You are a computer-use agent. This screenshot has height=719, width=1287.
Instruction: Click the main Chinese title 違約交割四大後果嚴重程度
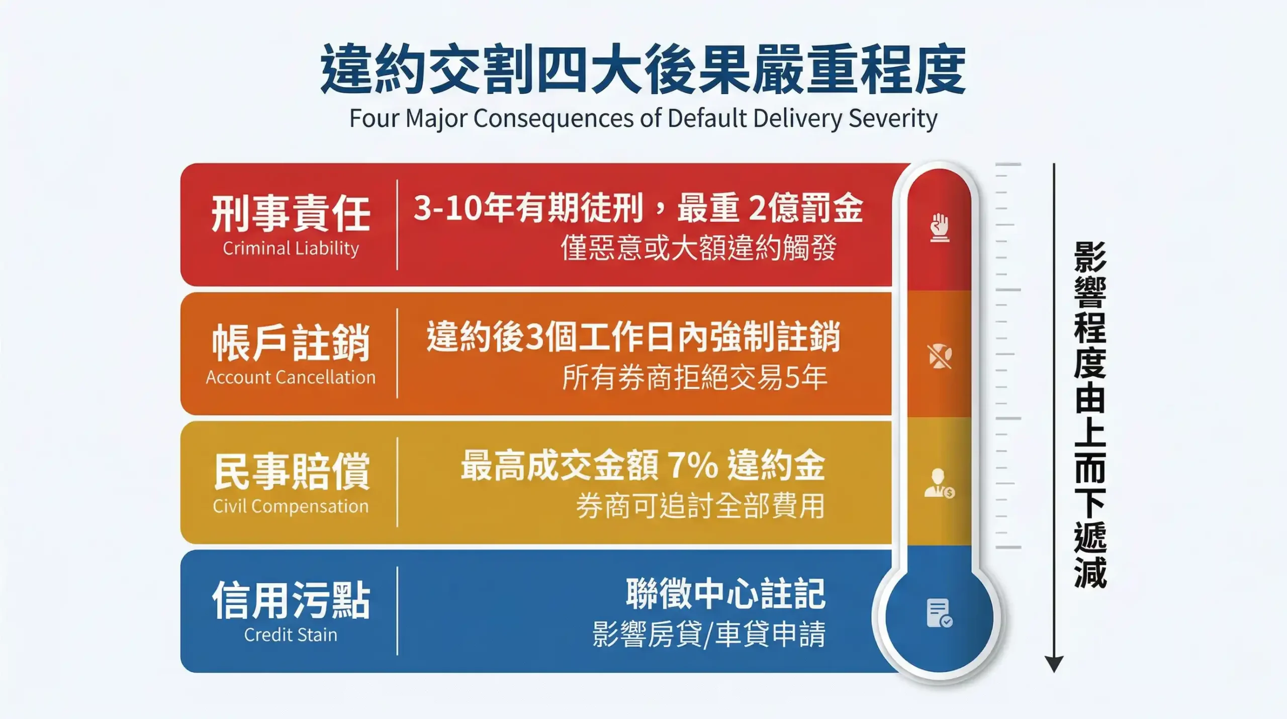coord(643,68)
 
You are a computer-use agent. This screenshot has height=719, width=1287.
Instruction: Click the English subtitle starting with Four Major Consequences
coord(643,119)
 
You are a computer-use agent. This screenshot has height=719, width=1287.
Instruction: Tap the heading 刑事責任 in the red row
coord(291,213)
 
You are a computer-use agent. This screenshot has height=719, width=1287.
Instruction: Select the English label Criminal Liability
coord(291,248)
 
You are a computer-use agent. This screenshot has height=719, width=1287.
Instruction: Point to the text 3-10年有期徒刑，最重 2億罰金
coord(638,207)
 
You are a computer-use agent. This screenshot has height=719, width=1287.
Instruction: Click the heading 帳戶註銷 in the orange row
coord(291,342)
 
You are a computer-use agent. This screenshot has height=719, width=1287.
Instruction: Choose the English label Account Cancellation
coord(291,377)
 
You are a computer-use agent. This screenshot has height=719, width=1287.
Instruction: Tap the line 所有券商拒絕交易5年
coord(694,377)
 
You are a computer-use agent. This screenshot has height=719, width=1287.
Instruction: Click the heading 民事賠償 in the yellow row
coord(291,471)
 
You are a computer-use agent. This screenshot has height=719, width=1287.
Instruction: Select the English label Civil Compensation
coord(291,506)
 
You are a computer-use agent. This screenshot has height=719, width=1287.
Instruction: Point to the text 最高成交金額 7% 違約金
coord(643,465)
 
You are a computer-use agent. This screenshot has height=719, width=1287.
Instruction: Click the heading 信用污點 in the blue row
coord(291,600)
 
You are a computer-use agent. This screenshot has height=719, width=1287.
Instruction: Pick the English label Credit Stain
coord(291,635)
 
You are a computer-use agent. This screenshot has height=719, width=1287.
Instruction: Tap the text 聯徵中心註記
coord(725,594)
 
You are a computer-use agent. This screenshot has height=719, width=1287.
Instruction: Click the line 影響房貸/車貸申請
coord(709,634)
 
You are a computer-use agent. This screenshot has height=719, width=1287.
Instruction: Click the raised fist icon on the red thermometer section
coord(939,227)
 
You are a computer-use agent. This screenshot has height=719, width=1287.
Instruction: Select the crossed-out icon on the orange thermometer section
coord(939,356)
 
